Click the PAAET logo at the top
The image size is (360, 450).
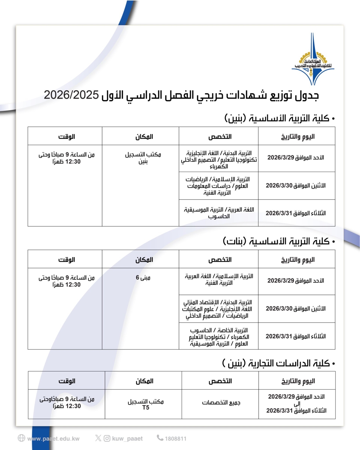pos(313,59)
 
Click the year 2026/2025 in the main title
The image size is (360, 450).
pos(71,95)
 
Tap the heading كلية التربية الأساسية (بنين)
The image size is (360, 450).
pos(279,118)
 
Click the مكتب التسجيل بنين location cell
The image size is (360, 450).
pos(143,158)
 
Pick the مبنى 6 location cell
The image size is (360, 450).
pos(143,277)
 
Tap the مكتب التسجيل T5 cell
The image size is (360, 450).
pos(145,404)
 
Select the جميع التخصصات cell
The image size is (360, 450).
pos(221,403)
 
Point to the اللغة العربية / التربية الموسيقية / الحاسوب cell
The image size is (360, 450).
pos(219,213)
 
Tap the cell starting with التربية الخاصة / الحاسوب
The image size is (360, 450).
pos(219,337)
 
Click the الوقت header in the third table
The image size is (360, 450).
pos(67,381)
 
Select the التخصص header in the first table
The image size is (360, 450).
pos(220,137)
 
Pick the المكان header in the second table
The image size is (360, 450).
pos(144,260)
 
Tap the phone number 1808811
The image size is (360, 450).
pos(175,439)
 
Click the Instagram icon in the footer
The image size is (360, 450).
pos(107,438)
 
